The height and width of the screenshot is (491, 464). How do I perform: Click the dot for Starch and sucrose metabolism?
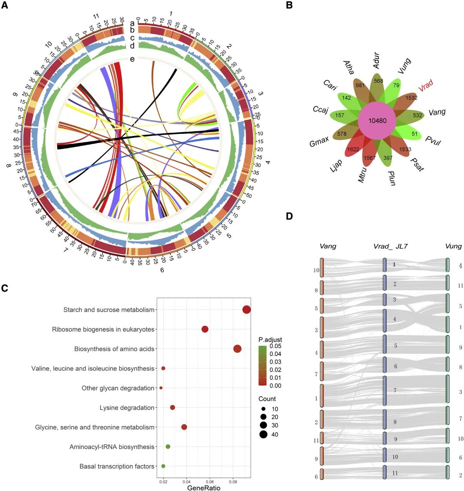pyautogui.click(x=247, y=310)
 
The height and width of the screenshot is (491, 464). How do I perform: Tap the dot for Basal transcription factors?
pyautogui.click(x=163, y=466)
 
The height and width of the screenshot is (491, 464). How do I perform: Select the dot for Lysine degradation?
pyautogui.click(x=173, y=407)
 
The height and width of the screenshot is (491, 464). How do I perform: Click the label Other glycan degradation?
pyautogui.click(x=118, y=388)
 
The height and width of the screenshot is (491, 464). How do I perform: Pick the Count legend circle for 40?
pyautogui.click(x=263, y=434)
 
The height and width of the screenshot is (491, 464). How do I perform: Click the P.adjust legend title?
pyautogui.click(x=270, y=340)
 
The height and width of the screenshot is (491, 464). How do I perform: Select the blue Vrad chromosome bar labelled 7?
pyautogui.click(x=385, y=390)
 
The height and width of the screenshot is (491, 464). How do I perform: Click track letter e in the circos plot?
pyautogui.click(x=132, y=59)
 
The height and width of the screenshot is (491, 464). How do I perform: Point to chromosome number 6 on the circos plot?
pyautogui.click(x=162, y=270)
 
